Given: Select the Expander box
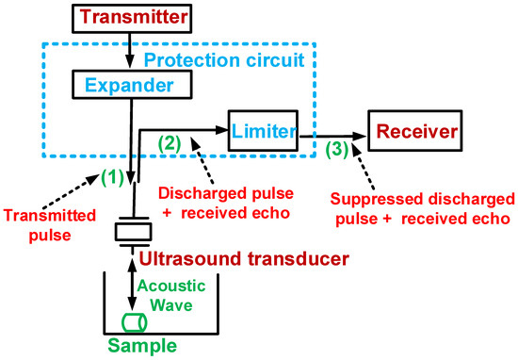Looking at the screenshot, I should click(131, 87).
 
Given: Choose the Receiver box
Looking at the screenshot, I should click(415, 131).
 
